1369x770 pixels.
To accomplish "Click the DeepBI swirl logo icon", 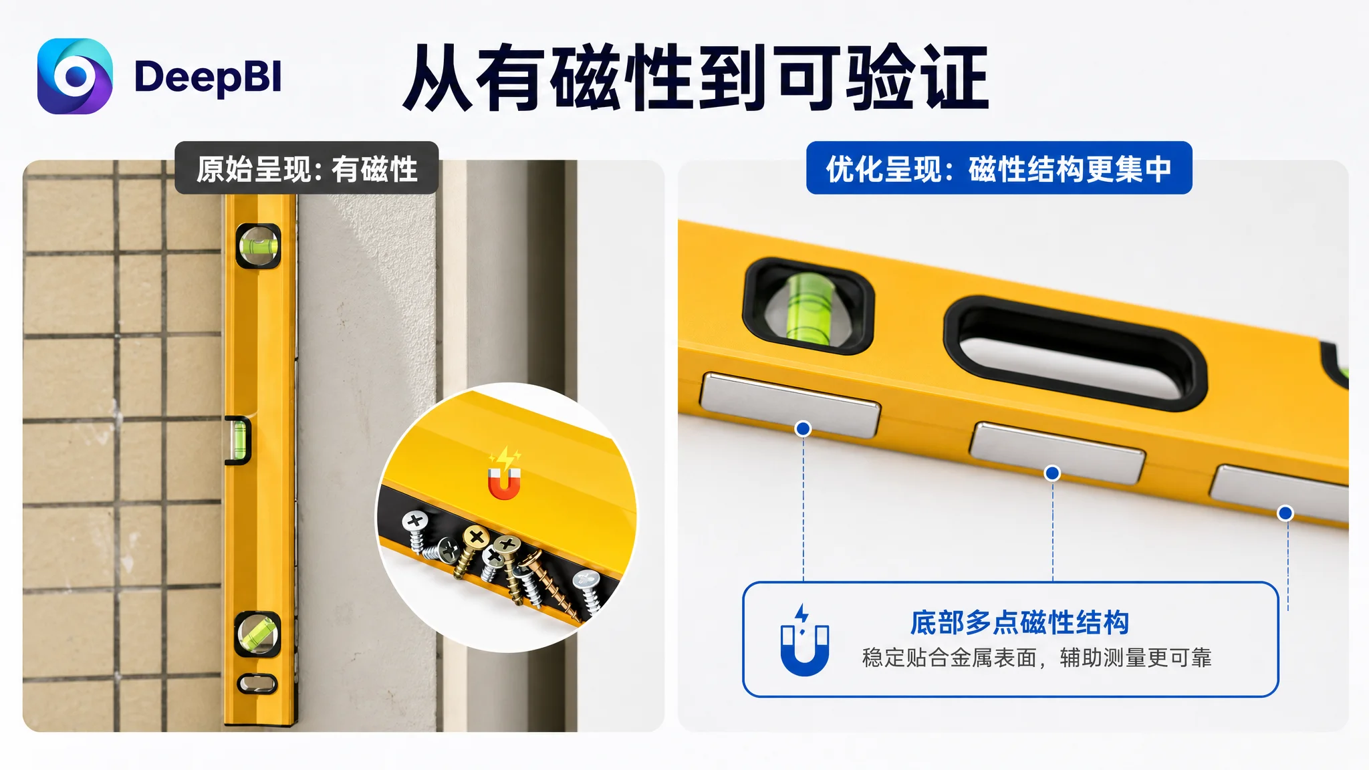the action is [x=75, y=76].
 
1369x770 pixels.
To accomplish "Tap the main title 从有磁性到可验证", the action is [x=696, y=78].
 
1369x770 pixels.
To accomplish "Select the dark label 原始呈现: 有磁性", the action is [x=307, y=168].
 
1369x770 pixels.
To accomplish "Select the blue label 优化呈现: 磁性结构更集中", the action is [x=999, y=168].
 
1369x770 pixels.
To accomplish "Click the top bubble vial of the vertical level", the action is [x=259, y=245].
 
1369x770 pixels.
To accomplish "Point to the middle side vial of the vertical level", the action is [x=238, y=440].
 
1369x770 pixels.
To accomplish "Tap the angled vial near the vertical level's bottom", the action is [x=258, y=633].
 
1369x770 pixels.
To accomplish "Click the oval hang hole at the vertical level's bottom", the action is [x=257, y=684].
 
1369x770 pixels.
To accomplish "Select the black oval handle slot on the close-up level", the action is [x=1075, y=352].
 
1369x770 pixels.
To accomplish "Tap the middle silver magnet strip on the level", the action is [x=1057, y=453].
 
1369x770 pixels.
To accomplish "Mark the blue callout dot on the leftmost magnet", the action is [x=803, y=428].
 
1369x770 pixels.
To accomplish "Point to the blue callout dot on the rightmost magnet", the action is [x=1285, y=513].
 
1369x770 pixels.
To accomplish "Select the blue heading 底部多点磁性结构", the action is [x=1020, y=622].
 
